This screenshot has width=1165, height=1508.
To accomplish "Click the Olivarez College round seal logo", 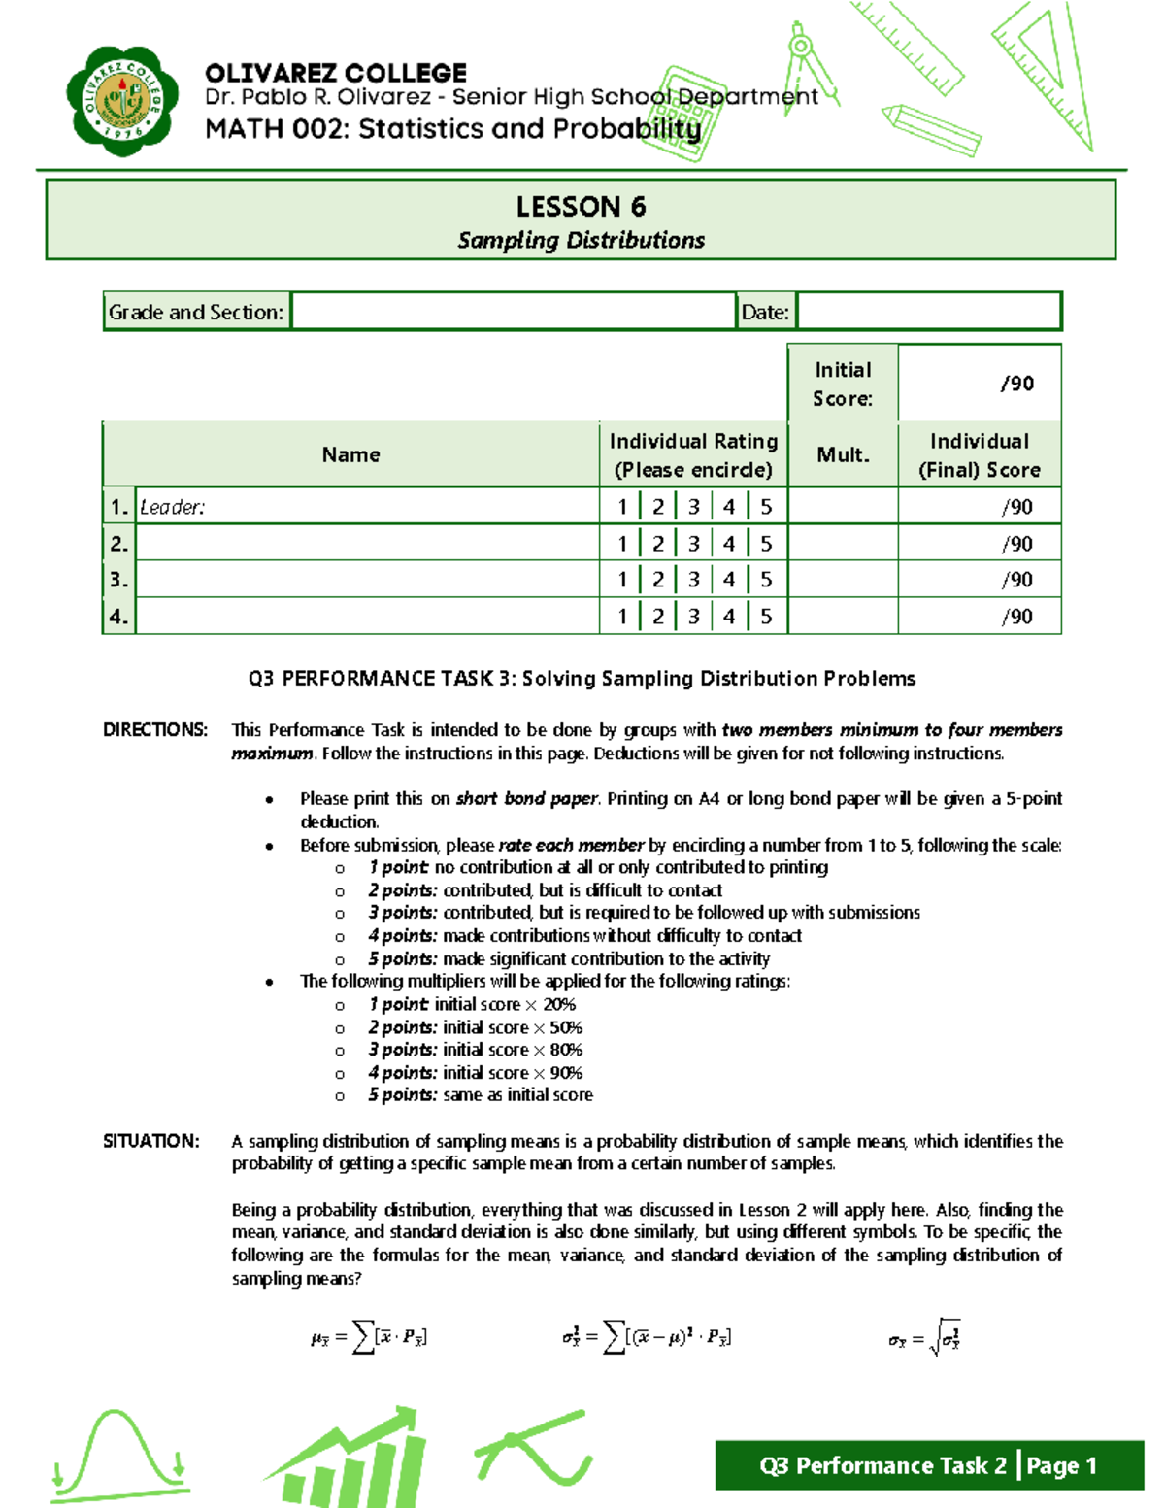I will click(122, 101).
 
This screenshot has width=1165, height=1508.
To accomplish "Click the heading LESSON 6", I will click(581, 207).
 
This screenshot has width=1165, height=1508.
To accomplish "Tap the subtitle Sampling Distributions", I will click(581, 241).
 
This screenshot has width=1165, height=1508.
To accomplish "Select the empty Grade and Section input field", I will click(513, 312).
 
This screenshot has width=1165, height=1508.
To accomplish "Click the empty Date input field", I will click(928, 312).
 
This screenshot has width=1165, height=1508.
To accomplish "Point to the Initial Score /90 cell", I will click(981, 384).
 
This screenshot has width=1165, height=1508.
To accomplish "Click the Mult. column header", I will click(843, 454).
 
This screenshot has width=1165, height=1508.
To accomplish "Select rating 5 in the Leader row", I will click(766, 507).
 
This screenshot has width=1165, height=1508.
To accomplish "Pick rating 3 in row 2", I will click(693, 544).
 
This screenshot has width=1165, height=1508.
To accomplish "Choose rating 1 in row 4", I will click(622, 617).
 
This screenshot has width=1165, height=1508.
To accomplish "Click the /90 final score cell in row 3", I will click(981, 580).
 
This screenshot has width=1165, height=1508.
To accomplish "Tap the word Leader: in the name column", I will click(172, 507).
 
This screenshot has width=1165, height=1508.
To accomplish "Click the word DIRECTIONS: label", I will click(155, 730).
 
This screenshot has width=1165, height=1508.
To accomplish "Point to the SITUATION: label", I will click(151, 1141).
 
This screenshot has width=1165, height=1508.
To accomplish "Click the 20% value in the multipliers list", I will click(559, 1005).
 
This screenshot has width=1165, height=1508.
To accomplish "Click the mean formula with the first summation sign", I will click(369, 1337).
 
